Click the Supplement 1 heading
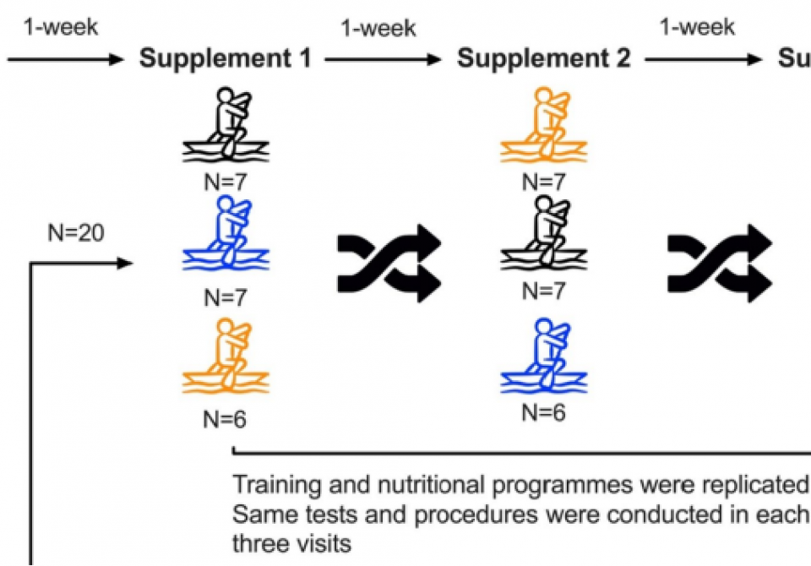(x=226, y=59)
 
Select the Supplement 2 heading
(x=543, y=59)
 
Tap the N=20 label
(x=77, y=232)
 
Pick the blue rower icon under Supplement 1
(x=226, y=236)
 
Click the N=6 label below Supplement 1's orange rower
(x=226, y=418)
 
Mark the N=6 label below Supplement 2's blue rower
(x=543, y=413)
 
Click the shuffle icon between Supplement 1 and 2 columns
(x=389, y=264)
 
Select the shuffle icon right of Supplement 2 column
(x=721, y=264)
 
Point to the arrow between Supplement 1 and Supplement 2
(x=384, y=60)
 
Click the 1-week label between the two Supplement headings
(x=378, y=29)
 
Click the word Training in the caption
(x=275, y=486)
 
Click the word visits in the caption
(x=324, y=543)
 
